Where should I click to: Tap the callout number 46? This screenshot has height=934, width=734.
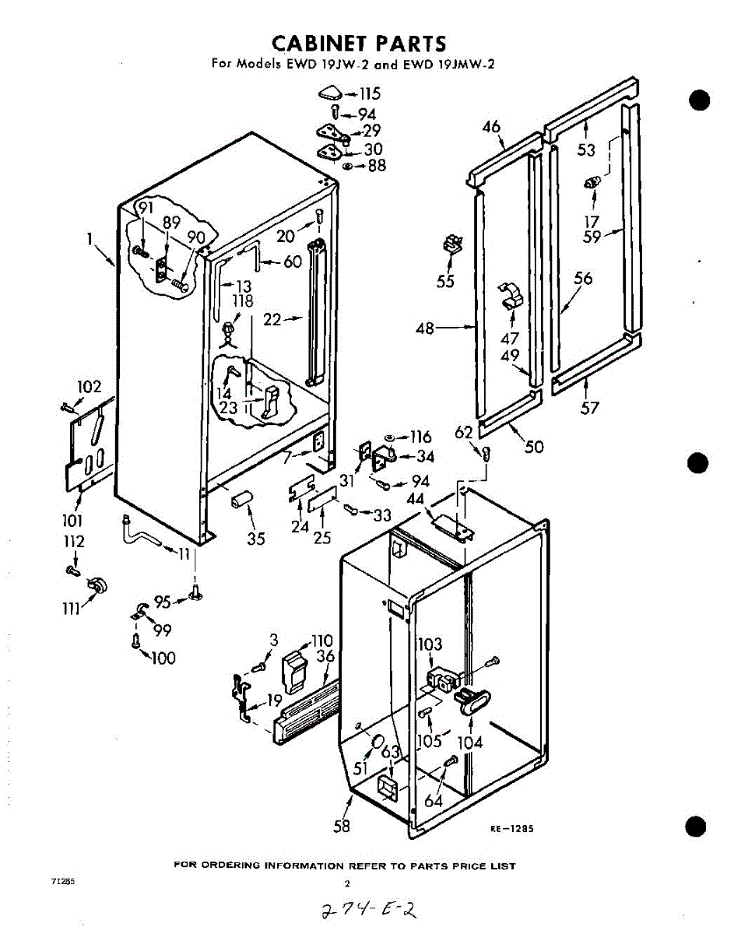491,127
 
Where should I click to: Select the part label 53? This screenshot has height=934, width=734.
586,149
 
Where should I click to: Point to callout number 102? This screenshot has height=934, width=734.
90,387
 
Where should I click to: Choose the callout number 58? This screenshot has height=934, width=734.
342,827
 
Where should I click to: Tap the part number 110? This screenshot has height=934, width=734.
321,641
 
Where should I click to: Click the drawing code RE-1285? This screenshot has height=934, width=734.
511,829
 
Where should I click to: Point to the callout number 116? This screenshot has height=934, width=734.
421,437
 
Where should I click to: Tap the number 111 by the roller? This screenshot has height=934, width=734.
72,609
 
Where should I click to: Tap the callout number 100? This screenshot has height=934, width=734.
163,658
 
